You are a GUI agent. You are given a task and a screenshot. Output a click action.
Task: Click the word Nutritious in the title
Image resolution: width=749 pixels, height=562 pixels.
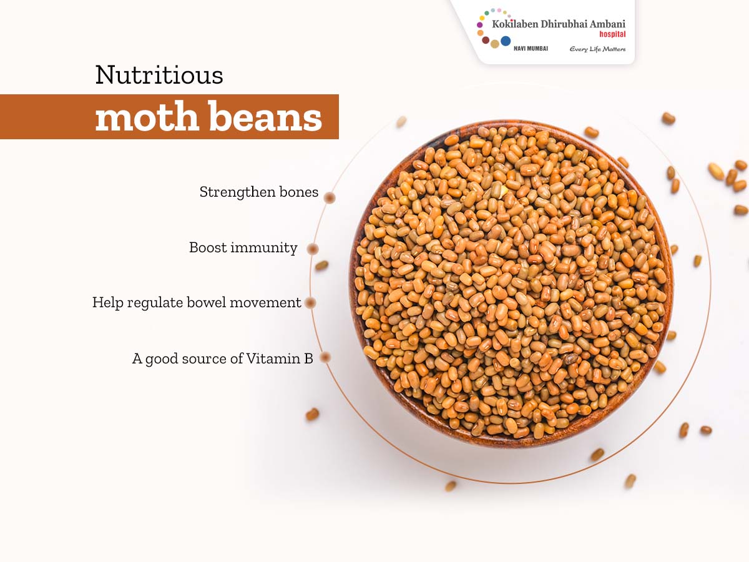159,75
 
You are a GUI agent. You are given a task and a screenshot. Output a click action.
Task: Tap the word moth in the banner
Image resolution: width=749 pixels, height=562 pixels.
147,116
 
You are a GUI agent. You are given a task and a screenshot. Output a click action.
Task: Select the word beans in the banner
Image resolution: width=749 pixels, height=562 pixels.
265,116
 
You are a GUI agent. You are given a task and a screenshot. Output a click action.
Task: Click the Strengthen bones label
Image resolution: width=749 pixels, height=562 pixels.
258,192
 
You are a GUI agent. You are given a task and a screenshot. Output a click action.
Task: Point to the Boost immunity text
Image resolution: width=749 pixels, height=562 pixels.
243,248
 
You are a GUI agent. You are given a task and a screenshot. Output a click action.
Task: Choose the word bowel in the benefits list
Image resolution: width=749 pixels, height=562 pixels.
206,302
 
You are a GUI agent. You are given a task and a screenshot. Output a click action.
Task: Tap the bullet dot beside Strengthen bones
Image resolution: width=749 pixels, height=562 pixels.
330,198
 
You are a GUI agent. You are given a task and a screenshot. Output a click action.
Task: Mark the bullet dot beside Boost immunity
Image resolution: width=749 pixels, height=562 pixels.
313,249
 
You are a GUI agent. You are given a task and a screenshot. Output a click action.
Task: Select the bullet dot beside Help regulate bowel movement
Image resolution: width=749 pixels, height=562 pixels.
310,303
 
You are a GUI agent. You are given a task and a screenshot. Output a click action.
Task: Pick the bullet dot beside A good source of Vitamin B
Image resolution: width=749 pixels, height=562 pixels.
325,357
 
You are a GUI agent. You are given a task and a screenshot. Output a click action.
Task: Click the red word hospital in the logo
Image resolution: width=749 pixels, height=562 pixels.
612,34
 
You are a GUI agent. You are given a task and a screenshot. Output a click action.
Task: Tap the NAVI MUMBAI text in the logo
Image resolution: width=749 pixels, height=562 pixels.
531,49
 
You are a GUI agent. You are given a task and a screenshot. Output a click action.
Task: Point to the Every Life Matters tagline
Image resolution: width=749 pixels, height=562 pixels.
597,49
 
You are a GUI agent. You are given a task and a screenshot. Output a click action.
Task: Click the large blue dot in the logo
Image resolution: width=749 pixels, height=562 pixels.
506,41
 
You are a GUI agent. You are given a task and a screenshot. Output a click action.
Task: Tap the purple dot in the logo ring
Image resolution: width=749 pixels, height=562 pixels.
480,25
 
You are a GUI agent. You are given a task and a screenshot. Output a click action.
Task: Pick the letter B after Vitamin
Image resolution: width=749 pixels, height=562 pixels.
309,358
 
